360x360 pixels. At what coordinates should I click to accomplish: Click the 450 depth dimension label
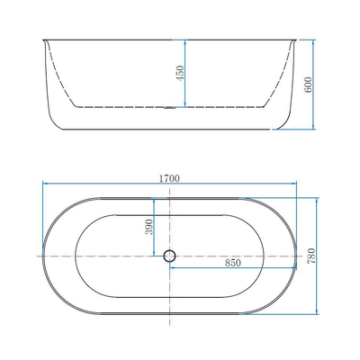point(179,74)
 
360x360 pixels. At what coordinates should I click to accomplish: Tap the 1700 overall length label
point(170,178)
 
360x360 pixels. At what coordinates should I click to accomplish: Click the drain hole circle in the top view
point(169,256)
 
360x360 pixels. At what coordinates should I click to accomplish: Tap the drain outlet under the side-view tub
point(169,109)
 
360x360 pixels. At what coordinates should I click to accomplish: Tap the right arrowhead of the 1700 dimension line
point(297,185)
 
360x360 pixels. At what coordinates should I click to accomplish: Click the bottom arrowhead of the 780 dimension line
point(319,315)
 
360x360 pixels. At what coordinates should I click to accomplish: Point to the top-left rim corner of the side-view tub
point(40,39)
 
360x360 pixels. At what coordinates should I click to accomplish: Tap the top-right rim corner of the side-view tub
point(299,39)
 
